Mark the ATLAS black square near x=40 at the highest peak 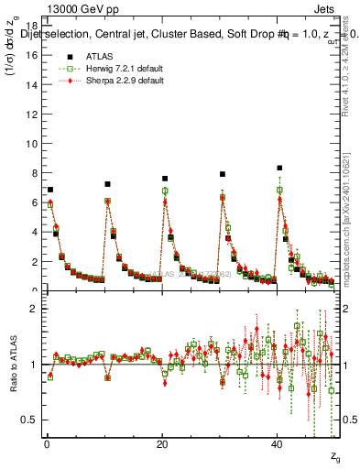click(x=279, y=168)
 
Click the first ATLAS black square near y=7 click(x=50, y=190)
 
